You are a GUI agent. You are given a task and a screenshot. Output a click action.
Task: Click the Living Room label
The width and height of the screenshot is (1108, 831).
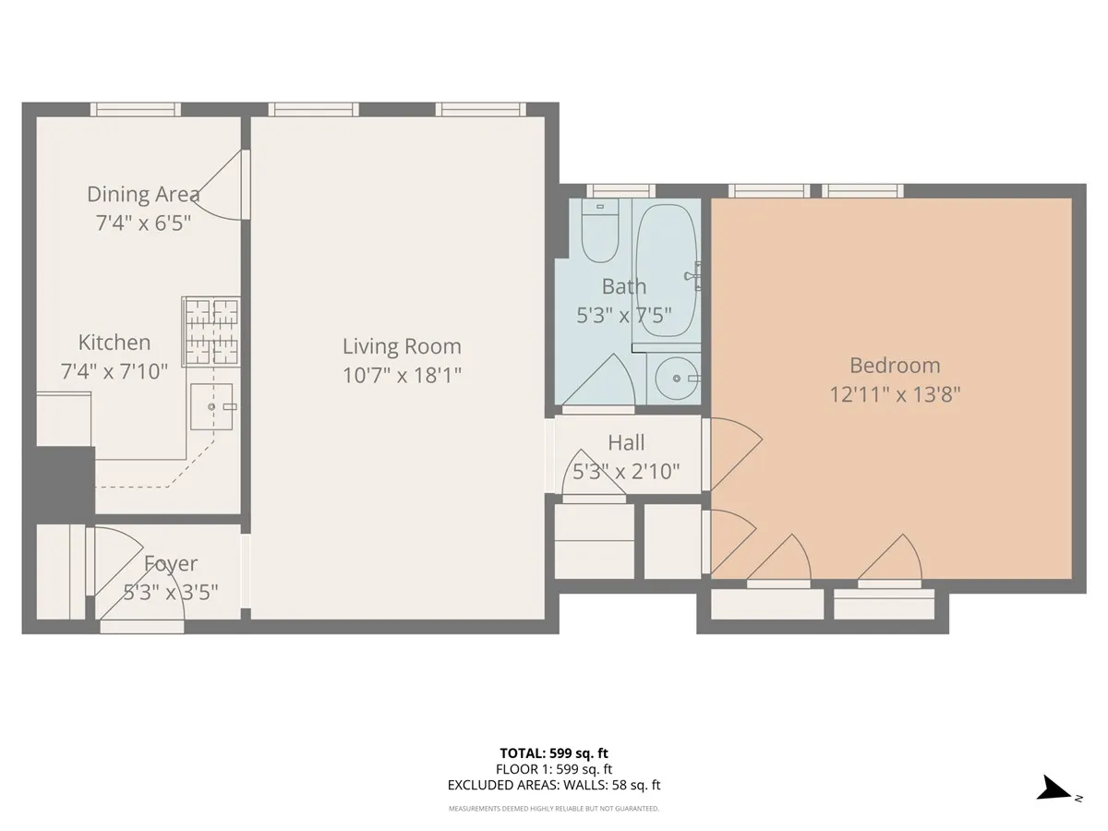pos(402,346)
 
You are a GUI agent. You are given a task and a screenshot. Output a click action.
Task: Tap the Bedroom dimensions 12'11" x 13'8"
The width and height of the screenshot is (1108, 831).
pos(895,394)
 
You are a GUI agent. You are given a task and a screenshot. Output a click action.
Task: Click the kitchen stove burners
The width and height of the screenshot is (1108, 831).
pos(211,330)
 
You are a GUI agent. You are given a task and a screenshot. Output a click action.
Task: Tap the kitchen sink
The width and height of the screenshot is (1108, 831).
pos(211,407)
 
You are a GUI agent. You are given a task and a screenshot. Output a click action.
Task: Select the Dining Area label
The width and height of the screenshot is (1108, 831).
pos(143,194)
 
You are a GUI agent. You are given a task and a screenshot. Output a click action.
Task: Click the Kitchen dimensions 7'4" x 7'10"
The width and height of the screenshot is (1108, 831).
pos(114,371)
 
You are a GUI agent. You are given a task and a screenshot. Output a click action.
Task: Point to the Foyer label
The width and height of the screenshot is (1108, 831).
pos(171,563)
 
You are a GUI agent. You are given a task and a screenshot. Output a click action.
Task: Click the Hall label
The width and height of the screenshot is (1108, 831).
pos(626,443)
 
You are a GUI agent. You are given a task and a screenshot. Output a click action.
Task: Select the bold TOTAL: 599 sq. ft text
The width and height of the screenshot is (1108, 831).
pos(554,753)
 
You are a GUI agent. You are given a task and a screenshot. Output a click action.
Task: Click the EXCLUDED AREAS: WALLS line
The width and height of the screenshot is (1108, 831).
pos(554,786)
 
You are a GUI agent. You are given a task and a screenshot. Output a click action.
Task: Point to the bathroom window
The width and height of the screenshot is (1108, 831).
pos(615,191)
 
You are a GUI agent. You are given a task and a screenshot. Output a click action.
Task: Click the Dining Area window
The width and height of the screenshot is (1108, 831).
pos(135,109)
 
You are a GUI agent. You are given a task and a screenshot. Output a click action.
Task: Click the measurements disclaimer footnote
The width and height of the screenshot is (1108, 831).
pos(554,809)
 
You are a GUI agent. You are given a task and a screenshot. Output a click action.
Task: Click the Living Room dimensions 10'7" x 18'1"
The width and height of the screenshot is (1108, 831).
pos(402,374)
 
